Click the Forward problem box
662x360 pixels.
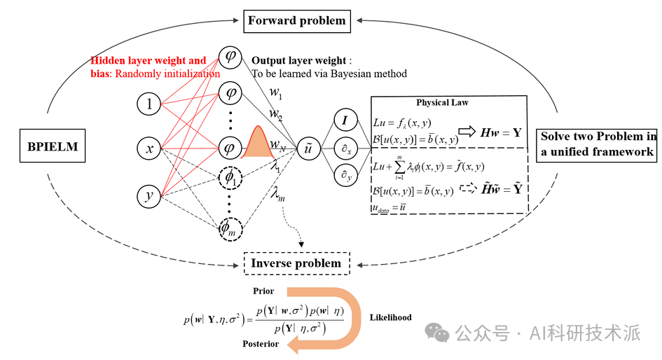click(297, 20)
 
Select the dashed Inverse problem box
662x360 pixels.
click(296, 263)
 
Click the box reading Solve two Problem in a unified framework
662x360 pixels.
click(598, 144)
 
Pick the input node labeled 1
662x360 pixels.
click(149, 104)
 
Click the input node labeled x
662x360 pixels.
click(149, 148)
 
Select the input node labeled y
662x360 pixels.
click(149, 197)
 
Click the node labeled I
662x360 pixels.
click(345, 121)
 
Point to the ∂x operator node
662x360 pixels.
click(345, 148)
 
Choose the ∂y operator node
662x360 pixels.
click(345, 176)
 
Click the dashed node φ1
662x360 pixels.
click(230, 179)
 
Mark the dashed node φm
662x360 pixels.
click(230, 228)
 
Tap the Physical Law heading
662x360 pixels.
click(442, 102)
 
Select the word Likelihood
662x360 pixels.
click(391, 317)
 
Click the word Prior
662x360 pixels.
click(263, 291)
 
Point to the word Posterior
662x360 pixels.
click(261, 344)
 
